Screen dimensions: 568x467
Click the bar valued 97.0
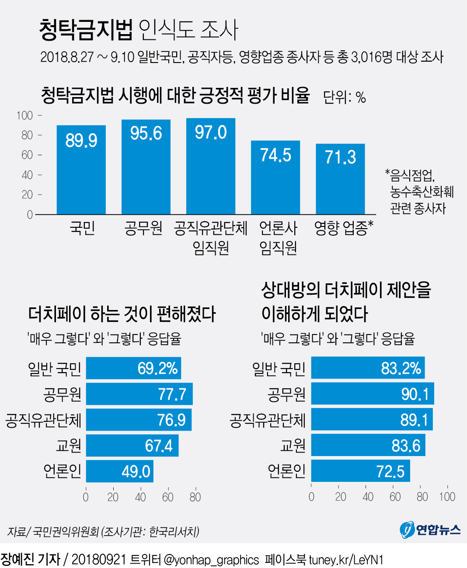(x=211, y=166)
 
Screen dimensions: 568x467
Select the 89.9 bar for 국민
(x=81, y=171)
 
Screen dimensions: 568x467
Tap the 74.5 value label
(x=275, y=155)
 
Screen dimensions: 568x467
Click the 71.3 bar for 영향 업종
(x=340, y=179)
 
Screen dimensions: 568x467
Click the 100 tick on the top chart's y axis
(x=24, y=116)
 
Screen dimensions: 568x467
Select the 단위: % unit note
(x=344, y=97)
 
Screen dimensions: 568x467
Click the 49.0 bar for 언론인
(x=119, y=471)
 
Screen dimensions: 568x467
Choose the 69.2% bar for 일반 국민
(x=133, y=368)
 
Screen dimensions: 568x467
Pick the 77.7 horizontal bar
(x=139, y=394)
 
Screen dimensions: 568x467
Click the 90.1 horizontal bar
(x=372, y=394)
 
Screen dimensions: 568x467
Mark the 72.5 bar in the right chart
(x=360, y=471)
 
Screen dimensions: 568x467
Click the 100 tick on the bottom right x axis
(x=447, y=497)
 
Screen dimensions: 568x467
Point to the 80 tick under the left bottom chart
(x=195, y=497)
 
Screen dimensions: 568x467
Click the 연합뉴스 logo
(x=430, y=530)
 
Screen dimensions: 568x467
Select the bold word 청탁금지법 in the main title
(x=86, y=30)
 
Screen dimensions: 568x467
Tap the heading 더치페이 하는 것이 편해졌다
(x=122, y=314)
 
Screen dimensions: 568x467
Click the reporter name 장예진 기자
(x=30, y=559)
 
